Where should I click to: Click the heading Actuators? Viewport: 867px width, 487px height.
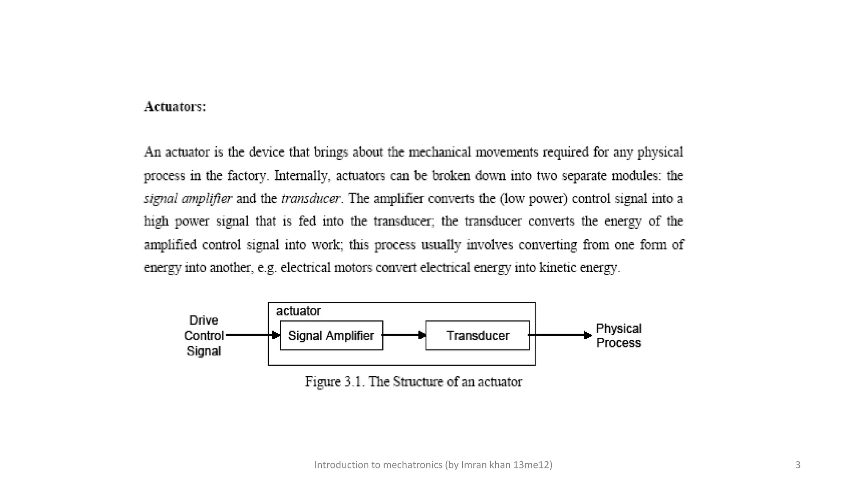point(175,107)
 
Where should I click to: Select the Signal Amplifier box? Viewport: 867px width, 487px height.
point(331,336)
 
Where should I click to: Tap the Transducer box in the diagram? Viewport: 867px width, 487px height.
point(478,336)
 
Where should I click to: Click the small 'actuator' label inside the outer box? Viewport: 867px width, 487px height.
point(298,311)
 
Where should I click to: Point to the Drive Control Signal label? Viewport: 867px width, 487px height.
point(204,336)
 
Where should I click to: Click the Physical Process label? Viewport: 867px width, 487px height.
point(618,336)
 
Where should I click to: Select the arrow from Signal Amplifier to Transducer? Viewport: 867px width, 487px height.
point(404,335)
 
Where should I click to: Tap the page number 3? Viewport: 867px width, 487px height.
point(798,465)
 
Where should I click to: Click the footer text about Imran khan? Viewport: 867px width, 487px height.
point(433,465)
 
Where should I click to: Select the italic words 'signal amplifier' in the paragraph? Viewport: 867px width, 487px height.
point(188,199)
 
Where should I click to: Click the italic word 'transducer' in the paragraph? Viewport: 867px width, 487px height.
point(310,199)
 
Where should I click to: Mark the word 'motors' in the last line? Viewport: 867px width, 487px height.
point(353,268)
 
